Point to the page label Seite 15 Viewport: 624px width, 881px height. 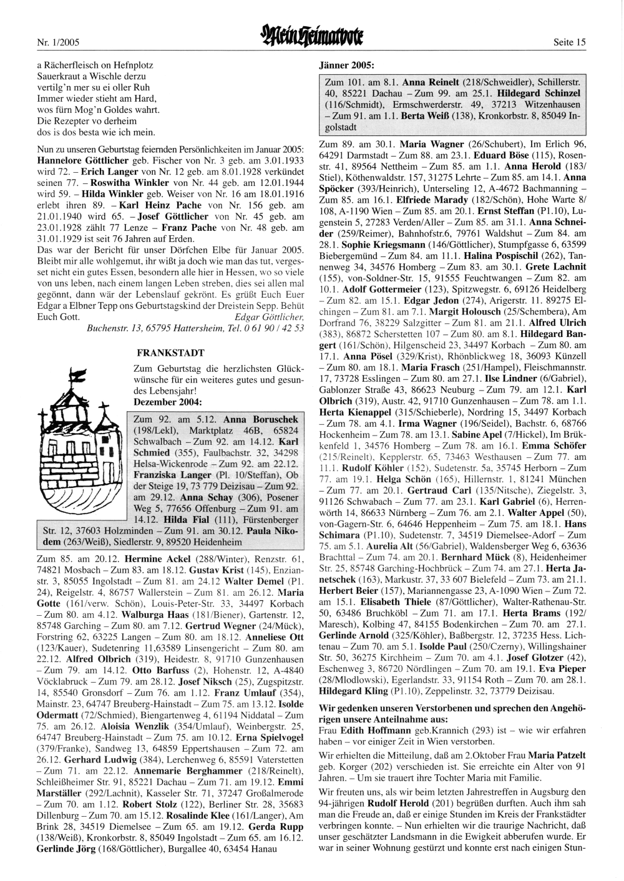click(569, 42)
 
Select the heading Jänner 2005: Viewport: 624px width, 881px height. click(346, 65)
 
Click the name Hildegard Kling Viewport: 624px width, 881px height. click(353, 691)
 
